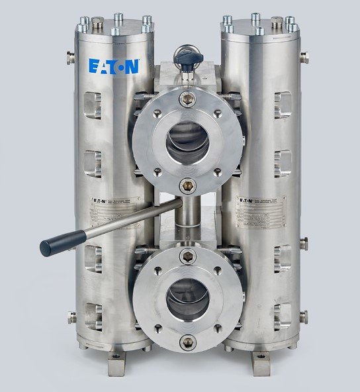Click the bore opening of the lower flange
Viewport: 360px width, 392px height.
187,296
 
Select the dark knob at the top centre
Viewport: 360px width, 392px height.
183,60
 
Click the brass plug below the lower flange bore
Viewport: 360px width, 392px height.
187,342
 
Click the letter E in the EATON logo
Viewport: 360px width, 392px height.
94,66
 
